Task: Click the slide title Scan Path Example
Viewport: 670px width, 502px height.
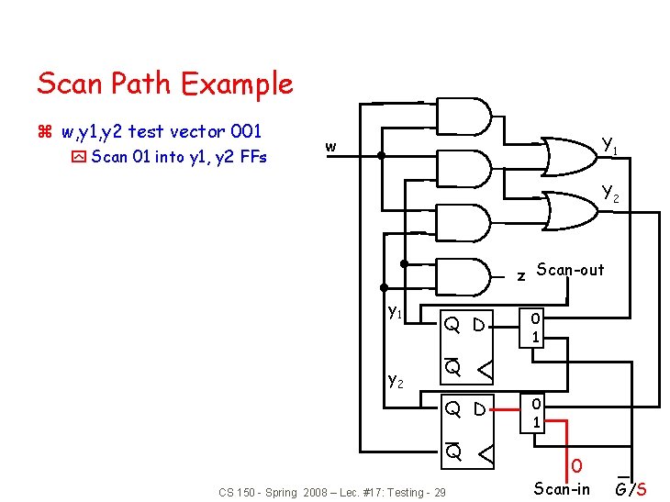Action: (165, 84)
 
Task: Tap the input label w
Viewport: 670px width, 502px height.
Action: (330, 147)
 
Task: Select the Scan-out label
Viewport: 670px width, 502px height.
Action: (570, 270)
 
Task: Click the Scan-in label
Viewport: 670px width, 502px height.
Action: (562, 489)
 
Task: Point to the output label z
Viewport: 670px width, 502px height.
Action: (520, 274)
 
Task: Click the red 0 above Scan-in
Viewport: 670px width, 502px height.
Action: (575, 466)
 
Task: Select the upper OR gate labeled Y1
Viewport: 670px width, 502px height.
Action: (569, 156)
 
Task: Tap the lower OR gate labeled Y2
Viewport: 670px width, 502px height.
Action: (569, 208)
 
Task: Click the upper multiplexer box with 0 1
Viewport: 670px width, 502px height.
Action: (535, 328)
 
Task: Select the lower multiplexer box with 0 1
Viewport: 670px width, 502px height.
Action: (535, 412)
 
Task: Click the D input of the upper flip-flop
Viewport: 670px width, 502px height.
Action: (481, 325)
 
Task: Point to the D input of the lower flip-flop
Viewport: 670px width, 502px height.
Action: (481, 409)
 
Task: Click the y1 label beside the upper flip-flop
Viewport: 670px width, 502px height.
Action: (395, 312)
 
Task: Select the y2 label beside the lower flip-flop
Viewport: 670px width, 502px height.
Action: (396, 378)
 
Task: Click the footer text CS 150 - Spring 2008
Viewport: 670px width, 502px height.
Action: (332, 493)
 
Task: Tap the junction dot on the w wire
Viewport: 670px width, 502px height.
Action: (381, 156)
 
